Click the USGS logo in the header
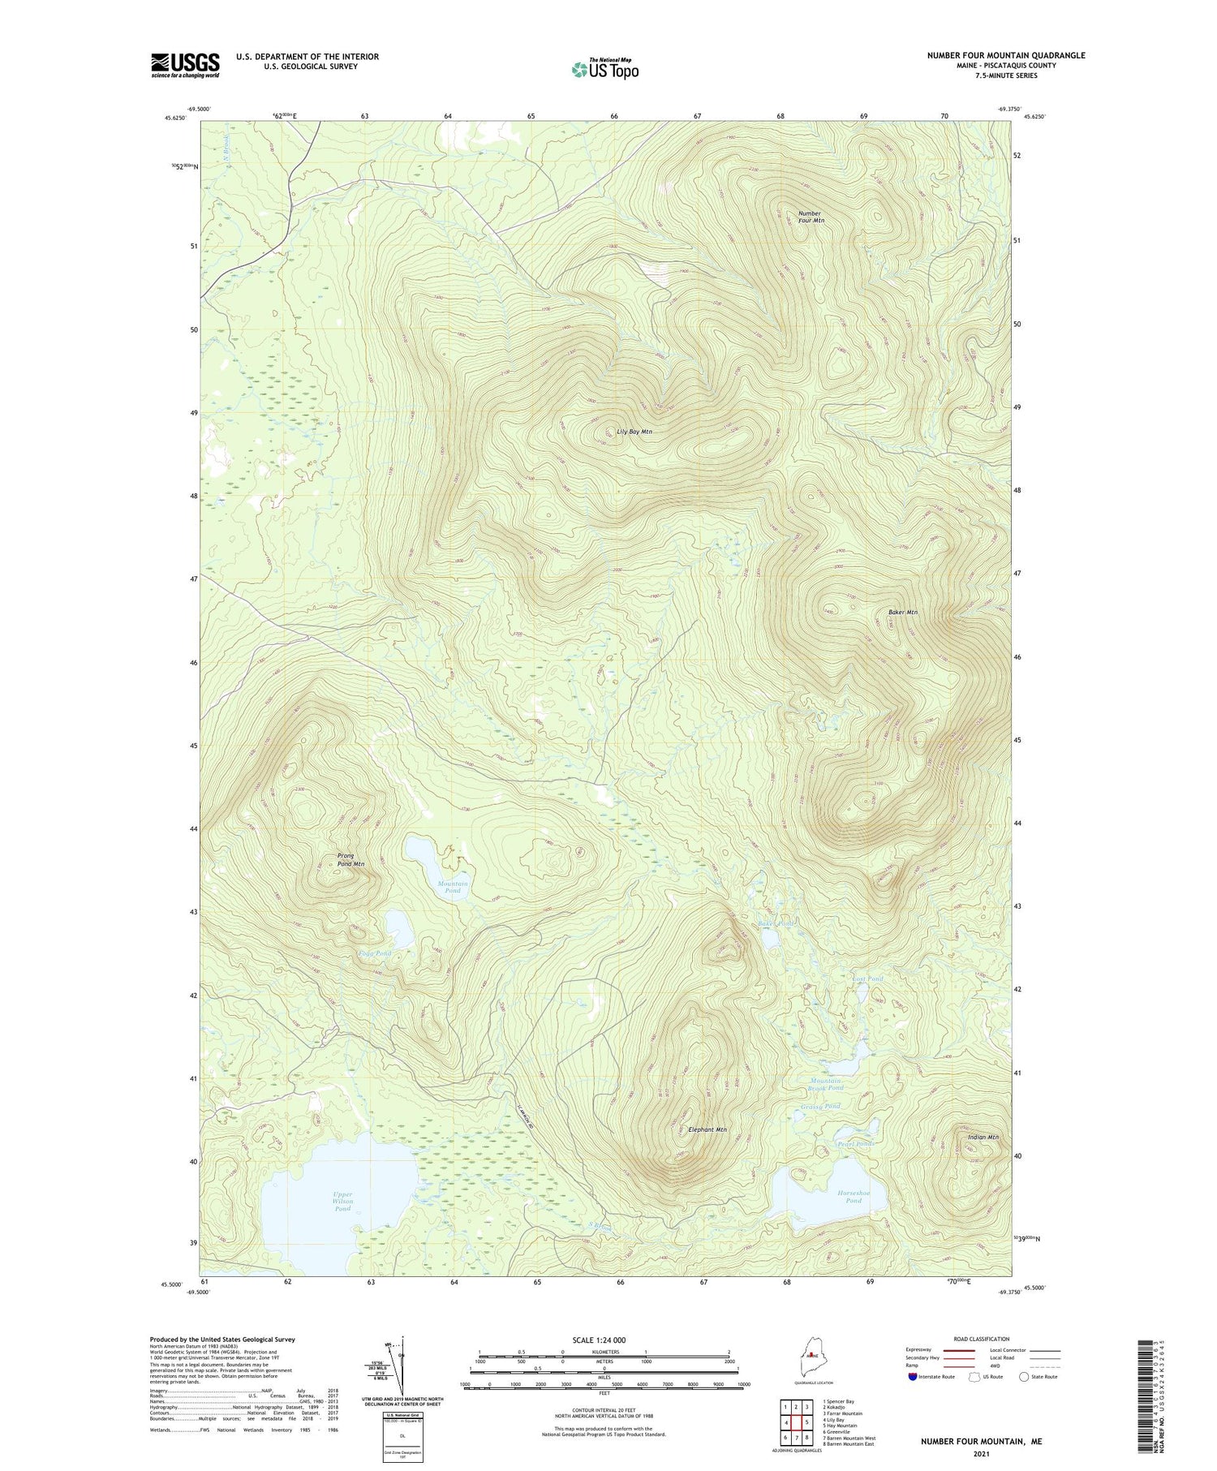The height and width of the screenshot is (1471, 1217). click(x=185, y=65)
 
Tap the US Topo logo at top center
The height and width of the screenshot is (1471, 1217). click(x=604, y=69)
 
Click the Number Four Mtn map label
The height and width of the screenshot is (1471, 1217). click(x=811, y=217)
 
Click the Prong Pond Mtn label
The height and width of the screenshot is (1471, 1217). click(x=350, y=860)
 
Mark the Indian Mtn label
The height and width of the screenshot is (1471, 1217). click(x=983, y=1137)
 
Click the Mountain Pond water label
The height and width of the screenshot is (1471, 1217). click(x=452, y=887)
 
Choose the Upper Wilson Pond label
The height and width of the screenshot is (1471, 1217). click(x=342, y=1201)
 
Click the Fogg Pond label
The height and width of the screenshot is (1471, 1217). click(x=375, y=953)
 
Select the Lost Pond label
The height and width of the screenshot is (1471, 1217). click(x=867, y=979)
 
